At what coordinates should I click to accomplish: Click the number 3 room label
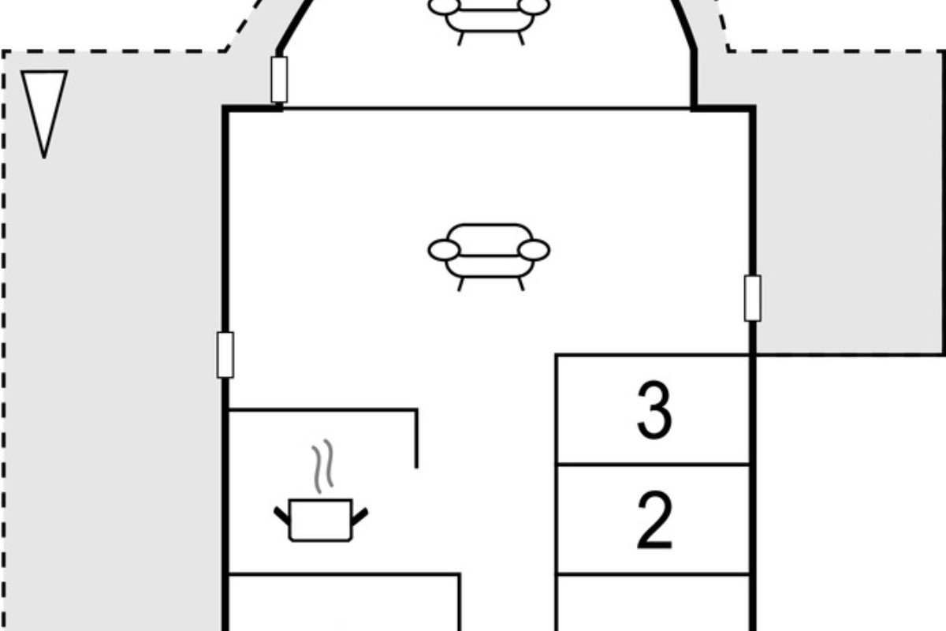pos(654,410)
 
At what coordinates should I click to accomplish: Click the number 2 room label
pos(654,520)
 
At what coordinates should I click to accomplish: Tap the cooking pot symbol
pos(321,521)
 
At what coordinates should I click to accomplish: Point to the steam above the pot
pos(323,466)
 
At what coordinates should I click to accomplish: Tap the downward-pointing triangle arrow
pos(44,114)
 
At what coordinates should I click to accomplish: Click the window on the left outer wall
pos(225,355)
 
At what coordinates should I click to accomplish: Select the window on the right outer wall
pos(753,298)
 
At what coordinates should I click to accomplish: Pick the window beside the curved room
pos(279,80)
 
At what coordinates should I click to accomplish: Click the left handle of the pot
pos(282,517)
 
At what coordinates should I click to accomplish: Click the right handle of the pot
pos(359,517)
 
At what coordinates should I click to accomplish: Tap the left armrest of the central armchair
pos(444,250)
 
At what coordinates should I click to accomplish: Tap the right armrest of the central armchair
pos(534,250)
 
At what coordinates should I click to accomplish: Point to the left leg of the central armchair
pos(460,284)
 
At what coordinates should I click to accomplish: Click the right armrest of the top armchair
pos(534,6)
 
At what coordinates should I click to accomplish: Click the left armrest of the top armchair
pos(444,6)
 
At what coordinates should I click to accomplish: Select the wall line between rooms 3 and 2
pos(654,465)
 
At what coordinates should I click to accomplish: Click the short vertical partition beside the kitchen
pos(417,439)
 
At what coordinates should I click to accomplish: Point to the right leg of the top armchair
pos(521,39)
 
